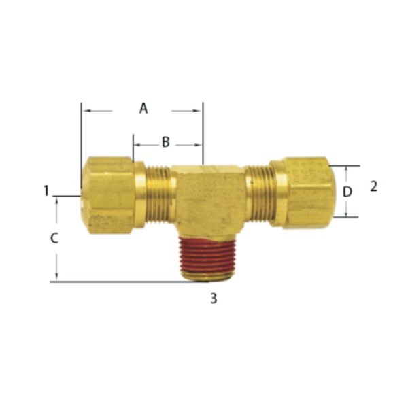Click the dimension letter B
click(165, 142)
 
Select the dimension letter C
click(55, 238)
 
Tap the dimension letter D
click(347, 192)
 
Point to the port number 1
click(46, 190)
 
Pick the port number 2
click(373, 186)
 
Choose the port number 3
click(213, 298)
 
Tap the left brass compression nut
click(109, 194)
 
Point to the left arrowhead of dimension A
click(84, 109)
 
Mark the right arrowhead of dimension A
click(199, 109)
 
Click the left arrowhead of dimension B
click(136, 144)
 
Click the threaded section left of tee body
click(158, 194)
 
